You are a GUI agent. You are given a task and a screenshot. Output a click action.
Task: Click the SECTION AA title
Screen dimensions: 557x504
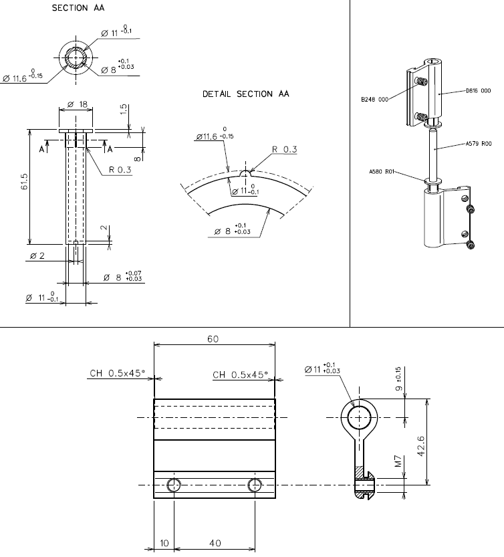[78, 8]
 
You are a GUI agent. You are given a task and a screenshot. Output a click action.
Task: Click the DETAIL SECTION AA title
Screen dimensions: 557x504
[246, 94]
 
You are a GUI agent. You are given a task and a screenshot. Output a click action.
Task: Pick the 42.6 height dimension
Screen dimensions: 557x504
[438, 442]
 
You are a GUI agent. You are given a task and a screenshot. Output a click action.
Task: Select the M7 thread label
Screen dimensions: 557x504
[398, 462]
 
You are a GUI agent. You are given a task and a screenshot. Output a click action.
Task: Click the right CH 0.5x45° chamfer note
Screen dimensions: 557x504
[240, 374]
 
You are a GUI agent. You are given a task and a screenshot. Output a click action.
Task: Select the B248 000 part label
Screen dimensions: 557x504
[374, 102]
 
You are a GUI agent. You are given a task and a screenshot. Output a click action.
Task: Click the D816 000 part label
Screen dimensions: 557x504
[478, 91]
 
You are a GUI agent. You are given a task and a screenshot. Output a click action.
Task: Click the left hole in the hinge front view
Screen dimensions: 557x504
[174, 485]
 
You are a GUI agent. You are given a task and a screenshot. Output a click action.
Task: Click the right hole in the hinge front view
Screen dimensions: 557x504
[255, 485]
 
